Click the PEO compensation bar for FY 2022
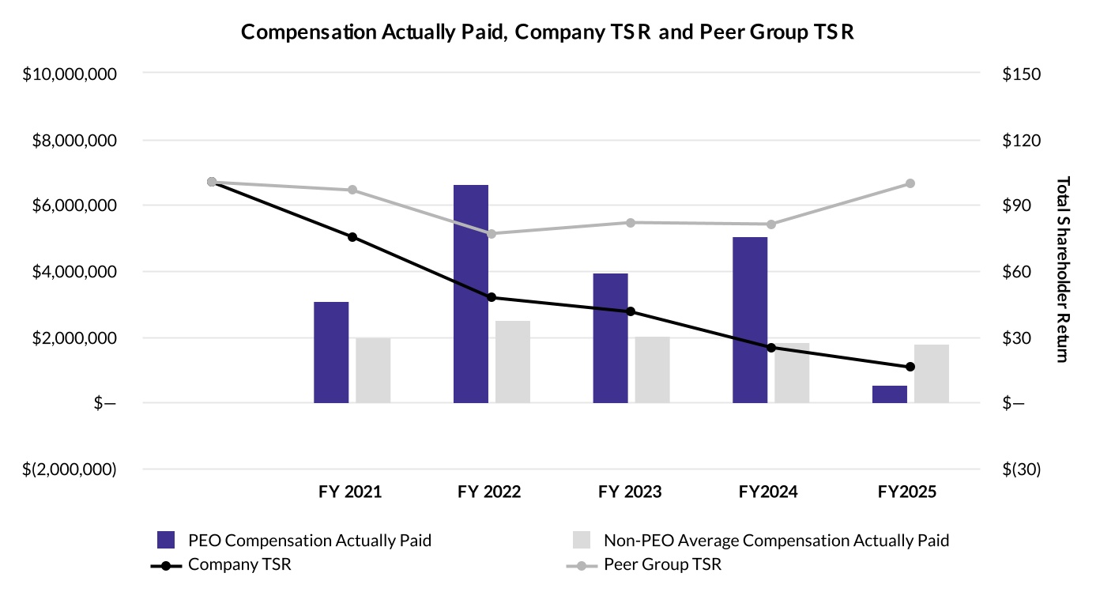pyautogui.click(x=471, y=294)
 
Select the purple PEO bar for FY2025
pyautogui.click(x=889, y=394)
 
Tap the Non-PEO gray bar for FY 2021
pyautogui.click(x=373, y=371)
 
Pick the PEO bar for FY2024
pyautogui.click(x=750, y=320)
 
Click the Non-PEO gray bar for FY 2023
pyautogui.click(x=652, y=370)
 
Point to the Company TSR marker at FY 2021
pyautogui.click(x=352, y=237)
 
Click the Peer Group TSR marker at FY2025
pyautogui.click(x=910, y=183)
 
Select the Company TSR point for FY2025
pyautogui.click(x=910, y=367)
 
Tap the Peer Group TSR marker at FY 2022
pyautogui.click(x=492, y=234)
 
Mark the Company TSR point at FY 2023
pyautogui.click(x=631, y=311)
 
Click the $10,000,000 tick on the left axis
pyautogui.click(x=70, y=74)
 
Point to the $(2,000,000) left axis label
pyautogui.click(x=70, y=469)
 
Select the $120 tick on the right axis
pyautogui.click(x=1022, y=141)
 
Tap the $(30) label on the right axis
pyautogui.click(x=1022, y=469)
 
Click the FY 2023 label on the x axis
pyautogui.click(x=630, y=492)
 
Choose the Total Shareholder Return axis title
pyautogui.click(x=1062, y=270)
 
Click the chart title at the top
pyautogui.click(x=547, y=32)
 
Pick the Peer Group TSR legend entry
pyautogui.click(x=644, y=564)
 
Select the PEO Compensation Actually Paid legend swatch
pyautogui.click(x=166, y=540)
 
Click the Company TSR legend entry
pyautogui.click(x=221, y=564)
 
